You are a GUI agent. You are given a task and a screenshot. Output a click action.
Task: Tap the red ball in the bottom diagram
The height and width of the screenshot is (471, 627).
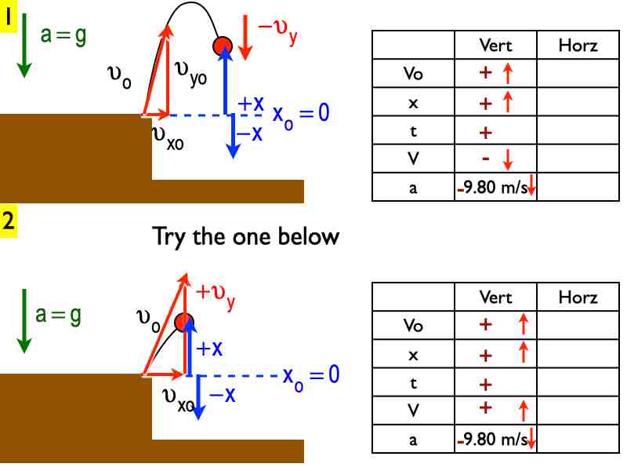(184, 322)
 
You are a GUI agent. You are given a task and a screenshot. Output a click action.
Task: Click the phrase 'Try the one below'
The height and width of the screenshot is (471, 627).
(245, 236)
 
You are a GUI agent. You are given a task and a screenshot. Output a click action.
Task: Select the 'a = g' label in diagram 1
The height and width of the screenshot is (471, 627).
(63, 37)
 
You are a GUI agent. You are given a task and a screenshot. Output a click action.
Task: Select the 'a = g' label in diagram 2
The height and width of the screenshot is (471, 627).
(59, 314)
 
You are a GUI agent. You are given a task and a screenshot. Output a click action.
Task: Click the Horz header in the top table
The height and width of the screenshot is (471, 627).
(578, 46)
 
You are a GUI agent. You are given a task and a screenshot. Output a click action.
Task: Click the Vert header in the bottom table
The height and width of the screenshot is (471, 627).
(495, 298)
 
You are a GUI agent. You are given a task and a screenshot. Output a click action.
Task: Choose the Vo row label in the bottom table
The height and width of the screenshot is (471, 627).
(413, 326)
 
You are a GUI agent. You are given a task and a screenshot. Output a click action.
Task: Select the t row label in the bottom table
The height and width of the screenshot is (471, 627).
(413, 384)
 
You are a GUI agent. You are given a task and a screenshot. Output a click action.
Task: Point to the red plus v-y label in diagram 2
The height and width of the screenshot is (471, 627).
(216, 294)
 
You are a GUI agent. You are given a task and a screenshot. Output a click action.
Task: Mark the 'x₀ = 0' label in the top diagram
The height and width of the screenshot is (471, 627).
(300, 113)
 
